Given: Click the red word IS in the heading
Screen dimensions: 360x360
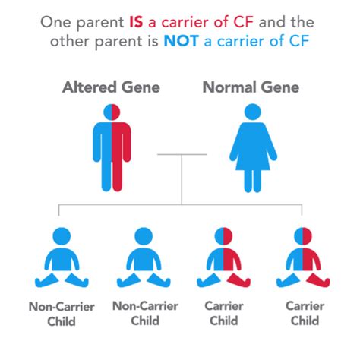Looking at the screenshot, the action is click(x=136, y=22).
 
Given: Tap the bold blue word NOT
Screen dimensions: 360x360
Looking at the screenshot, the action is click(x=181, y=41).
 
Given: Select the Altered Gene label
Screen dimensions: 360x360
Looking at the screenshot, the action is click(x=111, y=87).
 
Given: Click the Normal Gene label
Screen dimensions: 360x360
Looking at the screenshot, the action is click(x=251, y=87).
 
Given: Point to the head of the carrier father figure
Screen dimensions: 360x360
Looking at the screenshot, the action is click(x=112, y=112).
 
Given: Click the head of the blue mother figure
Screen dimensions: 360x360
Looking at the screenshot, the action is click(x=252, y=112).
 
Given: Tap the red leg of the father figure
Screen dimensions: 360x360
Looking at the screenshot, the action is click(x=118, y=175).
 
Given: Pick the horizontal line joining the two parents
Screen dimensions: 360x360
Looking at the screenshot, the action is click(x=182, y=154).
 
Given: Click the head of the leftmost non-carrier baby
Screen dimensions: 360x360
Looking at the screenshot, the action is click(x=62, y=236).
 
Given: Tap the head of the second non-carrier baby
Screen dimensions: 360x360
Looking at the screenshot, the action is click(x=144, y=236).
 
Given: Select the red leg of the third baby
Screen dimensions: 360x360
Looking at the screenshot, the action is click(x=238, y=280).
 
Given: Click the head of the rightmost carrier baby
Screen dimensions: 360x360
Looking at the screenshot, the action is click(x=303, y=236).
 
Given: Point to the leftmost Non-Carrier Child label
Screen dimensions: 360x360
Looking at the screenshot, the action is click(x=62, y=314).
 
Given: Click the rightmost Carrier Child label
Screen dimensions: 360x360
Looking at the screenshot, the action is click(x=305, y=313).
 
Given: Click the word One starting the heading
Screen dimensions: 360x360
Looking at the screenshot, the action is click(x=55, y=22).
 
